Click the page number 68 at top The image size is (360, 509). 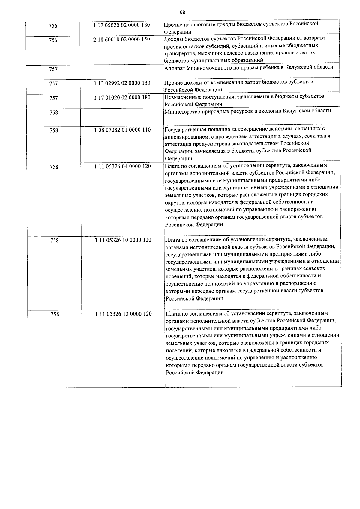[x=182, y=12]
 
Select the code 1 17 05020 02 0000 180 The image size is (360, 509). [x=121, y=25]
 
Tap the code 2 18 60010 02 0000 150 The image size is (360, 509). [x=121, y=40]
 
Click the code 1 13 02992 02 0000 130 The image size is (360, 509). [x=122, y=83]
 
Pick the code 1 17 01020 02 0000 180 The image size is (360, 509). [x=122, y=97]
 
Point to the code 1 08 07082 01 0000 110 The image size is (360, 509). [x=122, y=130]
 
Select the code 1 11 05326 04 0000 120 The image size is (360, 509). [x=122, y=166]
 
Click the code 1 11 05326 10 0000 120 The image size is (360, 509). [x=123, y=240]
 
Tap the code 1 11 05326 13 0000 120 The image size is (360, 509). [x=123, y=314]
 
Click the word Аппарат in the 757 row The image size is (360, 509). [x=175, y=67]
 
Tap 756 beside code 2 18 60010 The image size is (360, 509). [x=53, y=40]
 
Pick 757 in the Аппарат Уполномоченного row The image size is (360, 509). [x=53, y=69]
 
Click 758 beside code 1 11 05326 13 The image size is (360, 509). [x=55, y=314]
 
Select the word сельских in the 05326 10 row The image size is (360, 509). [x=316, y=268]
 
